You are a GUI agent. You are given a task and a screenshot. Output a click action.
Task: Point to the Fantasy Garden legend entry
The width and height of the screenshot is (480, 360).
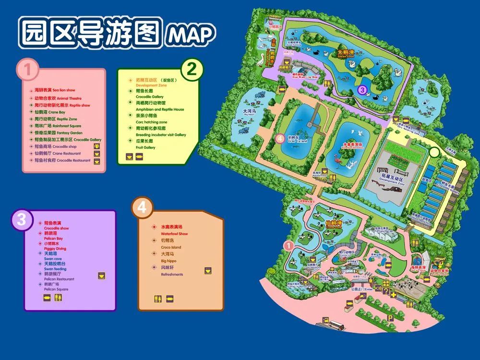tap(55, 132)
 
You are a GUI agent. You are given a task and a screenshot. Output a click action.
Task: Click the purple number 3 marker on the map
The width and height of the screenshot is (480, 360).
tap(362, 89)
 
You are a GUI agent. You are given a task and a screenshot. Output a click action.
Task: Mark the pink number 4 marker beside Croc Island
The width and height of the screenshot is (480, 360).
tap(281, 139)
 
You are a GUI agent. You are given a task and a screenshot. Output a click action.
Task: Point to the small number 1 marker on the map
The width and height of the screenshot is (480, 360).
tap(288, 245)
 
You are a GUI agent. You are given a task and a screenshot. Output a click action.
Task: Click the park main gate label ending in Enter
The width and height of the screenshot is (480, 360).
tap(361, 289)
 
